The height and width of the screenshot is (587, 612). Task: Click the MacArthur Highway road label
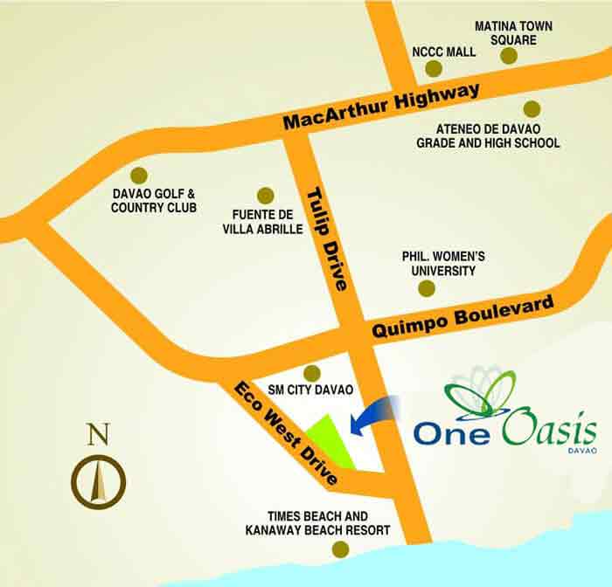click(383, 107)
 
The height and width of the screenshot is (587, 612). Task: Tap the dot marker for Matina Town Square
click(509, 56)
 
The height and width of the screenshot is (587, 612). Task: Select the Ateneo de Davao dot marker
click(531, 108)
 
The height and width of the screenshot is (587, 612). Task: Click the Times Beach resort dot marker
click(339, 549)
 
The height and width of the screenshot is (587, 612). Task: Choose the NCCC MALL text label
click(446, 52)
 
